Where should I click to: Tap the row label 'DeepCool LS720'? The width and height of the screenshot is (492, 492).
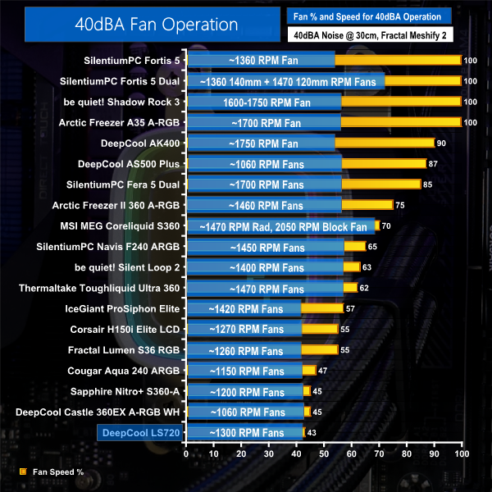[x=140, y=432]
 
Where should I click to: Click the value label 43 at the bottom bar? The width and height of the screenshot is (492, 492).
[x=312, y=432]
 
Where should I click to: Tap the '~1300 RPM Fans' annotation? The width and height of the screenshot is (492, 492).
[x=247, y=432]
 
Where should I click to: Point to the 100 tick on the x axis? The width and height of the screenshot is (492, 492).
[x=461, y=453]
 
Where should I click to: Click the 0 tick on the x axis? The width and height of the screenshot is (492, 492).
[x=187, y=453]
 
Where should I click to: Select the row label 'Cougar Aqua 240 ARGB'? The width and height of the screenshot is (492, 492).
[x=129, y=370]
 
